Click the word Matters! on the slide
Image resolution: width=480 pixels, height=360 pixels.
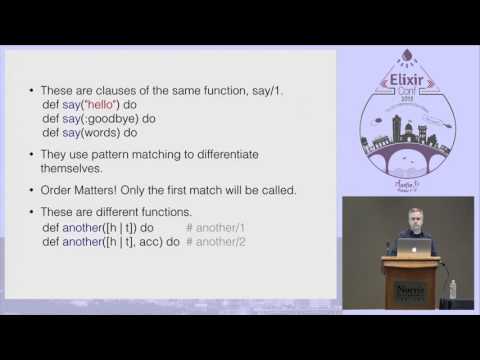[x=106, y=190]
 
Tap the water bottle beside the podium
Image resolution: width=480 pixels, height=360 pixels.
[x=453, y=289]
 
